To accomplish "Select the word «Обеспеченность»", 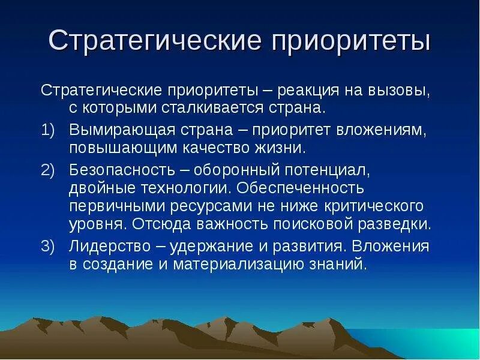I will click(x=301, y=188).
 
